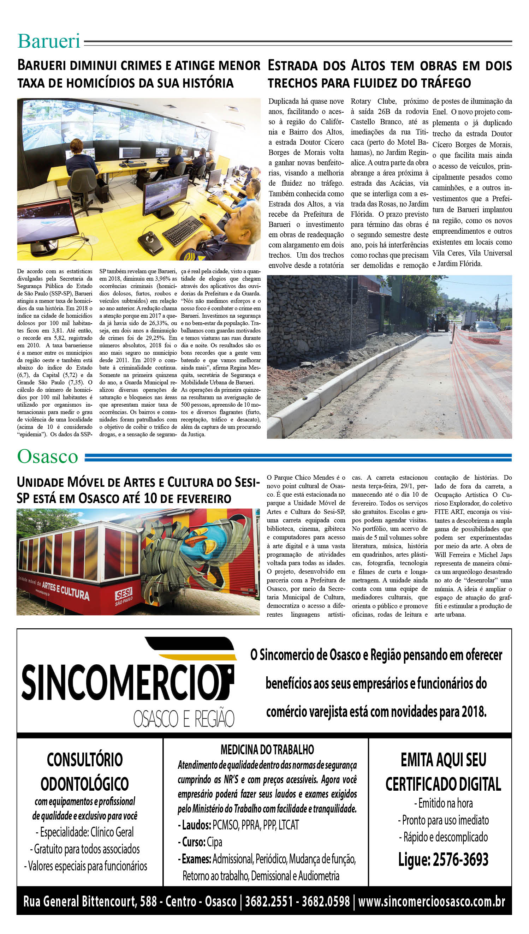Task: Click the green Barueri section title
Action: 49,41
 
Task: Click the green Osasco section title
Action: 48,456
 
